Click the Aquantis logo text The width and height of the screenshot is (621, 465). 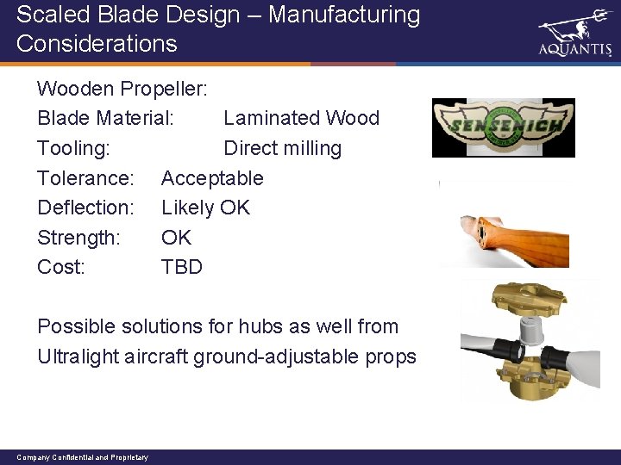(574, 50)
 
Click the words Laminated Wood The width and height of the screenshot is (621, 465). (301, 118)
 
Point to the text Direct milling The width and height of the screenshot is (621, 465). (282, 148)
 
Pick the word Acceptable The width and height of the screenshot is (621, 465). (212, 178)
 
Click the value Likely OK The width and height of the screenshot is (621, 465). (205, 208)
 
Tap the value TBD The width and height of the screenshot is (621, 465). (182, 267)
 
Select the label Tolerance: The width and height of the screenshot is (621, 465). (85, 178)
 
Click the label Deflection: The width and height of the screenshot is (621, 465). (85, 208)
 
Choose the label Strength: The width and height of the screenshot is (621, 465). (78, 237)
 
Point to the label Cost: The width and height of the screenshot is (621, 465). (61, 267)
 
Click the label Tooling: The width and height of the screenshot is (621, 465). (73, 148)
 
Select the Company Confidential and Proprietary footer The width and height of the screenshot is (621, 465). (83, 457)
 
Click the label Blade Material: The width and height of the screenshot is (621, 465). (106, 118)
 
